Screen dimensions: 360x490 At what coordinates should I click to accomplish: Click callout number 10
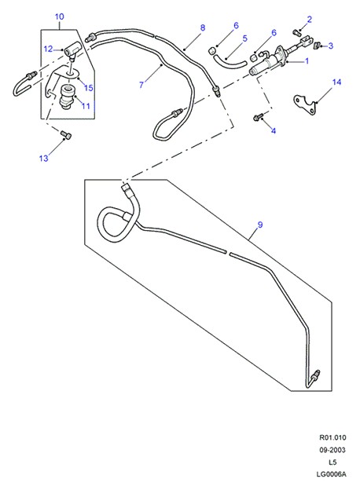pos(60,16)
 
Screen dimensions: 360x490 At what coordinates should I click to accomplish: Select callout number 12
pos(48,49)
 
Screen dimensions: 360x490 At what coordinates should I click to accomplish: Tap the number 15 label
pos(89,88)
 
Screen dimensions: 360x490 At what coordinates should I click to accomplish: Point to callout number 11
pos(86,106)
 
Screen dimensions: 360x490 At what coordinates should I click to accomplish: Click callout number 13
pos(44,159)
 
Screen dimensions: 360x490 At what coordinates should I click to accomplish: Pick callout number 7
pos(141,85)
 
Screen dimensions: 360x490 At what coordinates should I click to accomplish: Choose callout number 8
pos(203,27)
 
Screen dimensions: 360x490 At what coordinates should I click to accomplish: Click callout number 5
pos(244,38)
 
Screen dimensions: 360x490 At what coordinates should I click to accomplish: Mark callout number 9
pos(260,225)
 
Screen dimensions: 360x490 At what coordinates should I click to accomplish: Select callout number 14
pos(336,82)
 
